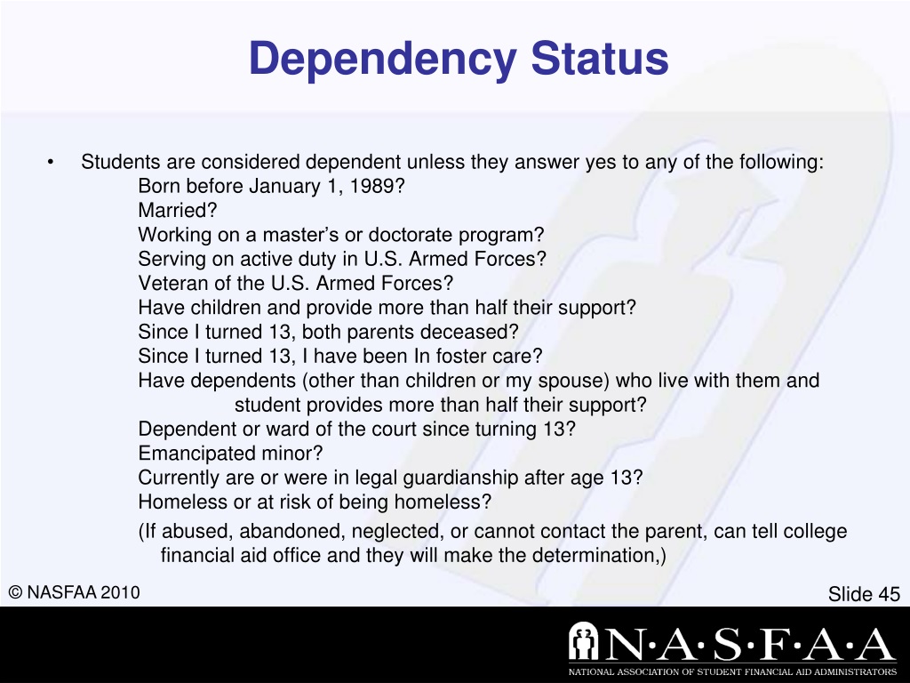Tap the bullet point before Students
click(52, 163)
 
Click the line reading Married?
click(178, 211)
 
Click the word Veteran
click(172, 284)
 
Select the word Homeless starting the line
click(176, 502)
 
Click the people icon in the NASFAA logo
click(586, 642)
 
